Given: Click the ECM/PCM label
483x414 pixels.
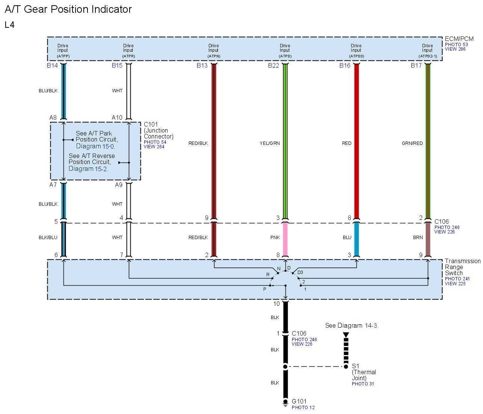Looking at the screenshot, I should pos(459,39).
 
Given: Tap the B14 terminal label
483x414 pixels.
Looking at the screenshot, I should pos(52,65).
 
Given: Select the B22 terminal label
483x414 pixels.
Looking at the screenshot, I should pos(273,65).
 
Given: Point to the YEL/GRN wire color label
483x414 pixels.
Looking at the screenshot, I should pos(270,143).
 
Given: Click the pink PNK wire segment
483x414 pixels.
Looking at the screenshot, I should pos(285,239).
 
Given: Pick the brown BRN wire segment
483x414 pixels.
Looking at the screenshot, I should pos(427,239).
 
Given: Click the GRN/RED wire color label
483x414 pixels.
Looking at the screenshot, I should pos(412,143).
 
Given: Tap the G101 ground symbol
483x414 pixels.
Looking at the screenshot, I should pos(285,402).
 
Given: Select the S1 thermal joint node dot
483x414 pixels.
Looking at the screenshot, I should pos(346,366).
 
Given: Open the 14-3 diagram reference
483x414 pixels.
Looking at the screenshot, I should pos(371,325).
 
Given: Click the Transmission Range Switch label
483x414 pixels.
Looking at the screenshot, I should pos(462,267).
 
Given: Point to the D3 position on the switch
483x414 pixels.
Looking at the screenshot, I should pos(300,272).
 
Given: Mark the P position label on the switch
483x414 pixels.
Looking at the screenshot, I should pos(265,289).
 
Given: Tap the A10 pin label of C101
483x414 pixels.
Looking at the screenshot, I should pos(117,117).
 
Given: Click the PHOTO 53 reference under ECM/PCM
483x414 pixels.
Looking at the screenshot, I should pos(456,44).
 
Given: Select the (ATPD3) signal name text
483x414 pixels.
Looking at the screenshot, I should pos(356,56).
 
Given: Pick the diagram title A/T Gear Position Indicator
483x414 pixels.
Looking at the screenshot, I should pos(68,9).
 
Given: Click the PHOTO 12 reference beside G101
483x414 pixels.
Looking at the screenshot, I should pos(303,408).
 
